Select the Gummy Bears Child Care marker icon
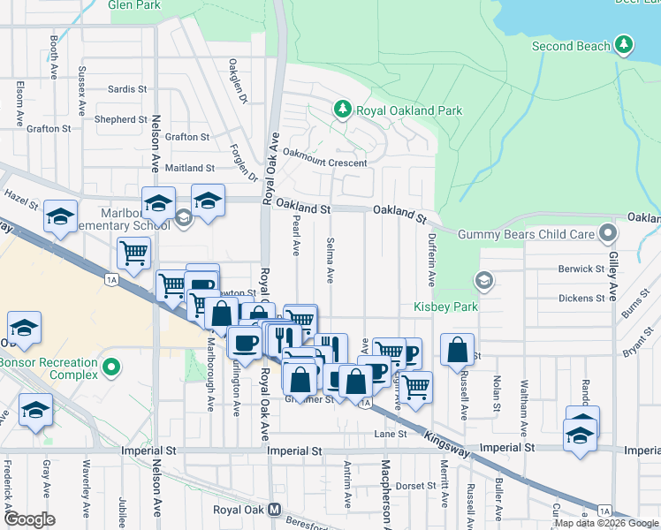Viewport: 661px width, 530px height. click(607, 233)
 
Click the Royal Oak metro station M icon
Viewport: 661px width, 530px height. click(275, 510)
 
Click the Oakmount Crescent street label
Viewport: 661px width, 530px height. click(324, 163)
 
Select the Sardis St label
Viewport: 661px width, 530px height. click(127, 89)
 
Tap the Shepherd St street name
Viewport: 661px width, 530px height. click(121, 119)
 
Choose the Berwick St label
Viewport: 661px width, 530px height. click(581, 269)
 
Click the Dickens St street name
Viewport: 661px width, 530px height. click(581, 298)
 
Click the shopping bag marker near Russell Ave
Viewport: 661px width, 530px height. click(457, 349)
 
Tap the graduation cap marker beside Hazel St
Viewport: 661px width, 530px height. click(60, 216)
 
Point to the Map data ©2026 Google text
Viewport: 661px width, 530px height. click(607, 523)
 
